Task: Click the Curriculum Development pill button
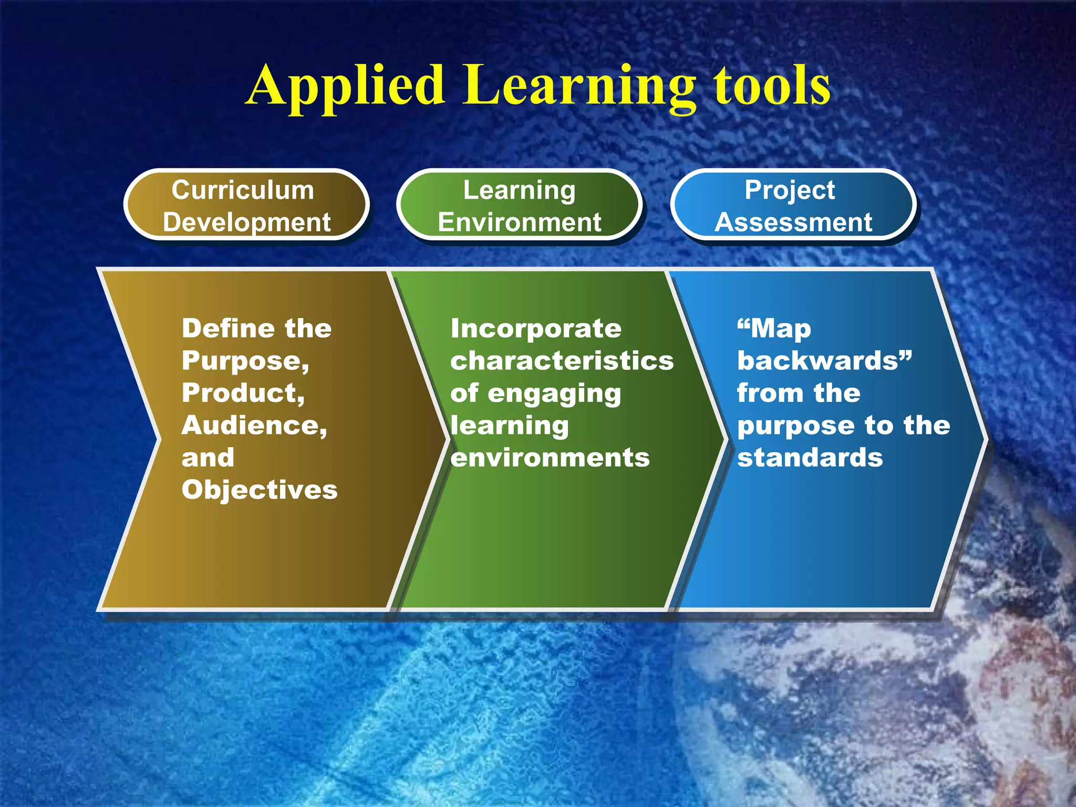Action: click(246, 205)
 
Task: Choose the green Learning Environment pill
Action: click(519, 205)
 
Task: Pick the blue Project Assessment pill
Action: click(793, 205)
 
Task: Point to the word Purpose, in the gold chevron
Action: click(245, 361)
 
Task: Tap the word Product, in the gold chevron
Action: click(243, 393)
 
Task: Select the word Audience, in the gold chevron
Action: click(254, 425)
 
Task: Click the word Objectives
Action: click(260, 490)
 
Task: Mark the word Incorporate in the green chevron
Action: click(536, 328)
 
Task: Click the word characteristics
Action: click(562, 361)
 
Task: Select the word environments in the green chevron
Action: click(550, 458)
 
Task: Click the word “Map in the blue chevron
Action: click(774, 329)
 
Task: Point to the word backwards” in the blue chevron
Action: click(824, 361)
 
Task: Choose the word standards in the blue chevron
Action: click(810, 458)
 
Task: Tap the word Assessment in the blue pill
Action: click(793, 222)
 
